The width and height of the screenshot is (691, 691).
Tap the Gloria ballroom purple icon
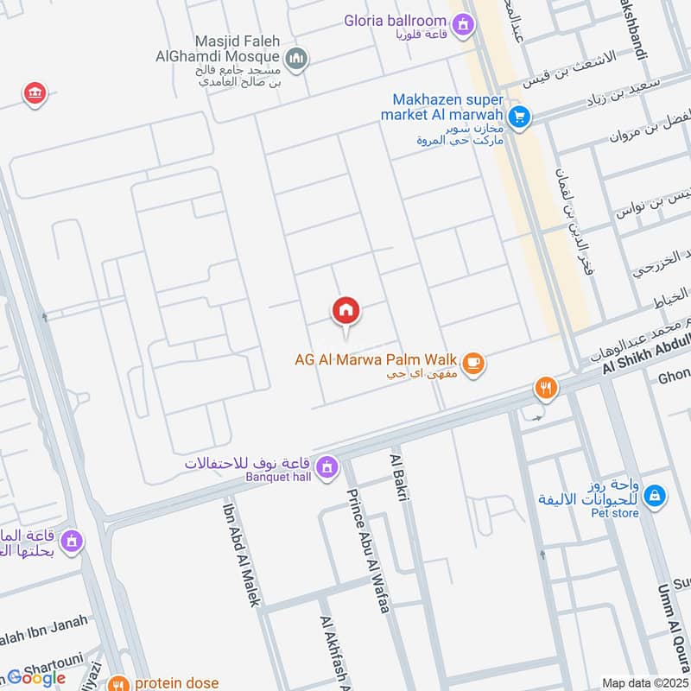[462, 24]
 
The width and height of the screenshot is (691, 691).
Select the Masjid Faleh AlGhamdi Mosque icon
[296, 59]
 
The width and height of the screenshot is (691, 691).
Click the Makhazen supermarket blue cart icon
[518, 116]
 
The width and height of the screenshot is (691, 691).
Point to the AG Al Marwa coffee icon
[472, 365]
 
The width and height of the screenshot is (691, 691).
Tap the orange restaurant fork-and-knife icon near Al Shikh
[544, 387]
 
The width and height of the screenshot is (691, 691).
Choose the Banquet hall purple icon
[326, 468]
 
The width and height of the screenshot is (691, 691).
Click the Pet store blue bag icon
[655, 496]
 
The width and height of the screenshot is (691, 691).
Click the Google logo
[36, 677]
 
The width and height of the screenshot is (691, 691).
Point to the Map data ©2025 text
[643, 683]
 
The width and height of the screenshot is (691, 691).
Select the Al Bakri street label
[400, 474]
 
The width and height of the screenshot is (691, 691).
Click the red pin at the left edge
[35, 93]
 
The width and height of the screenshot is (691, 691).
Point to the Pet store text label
[615, 513]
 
